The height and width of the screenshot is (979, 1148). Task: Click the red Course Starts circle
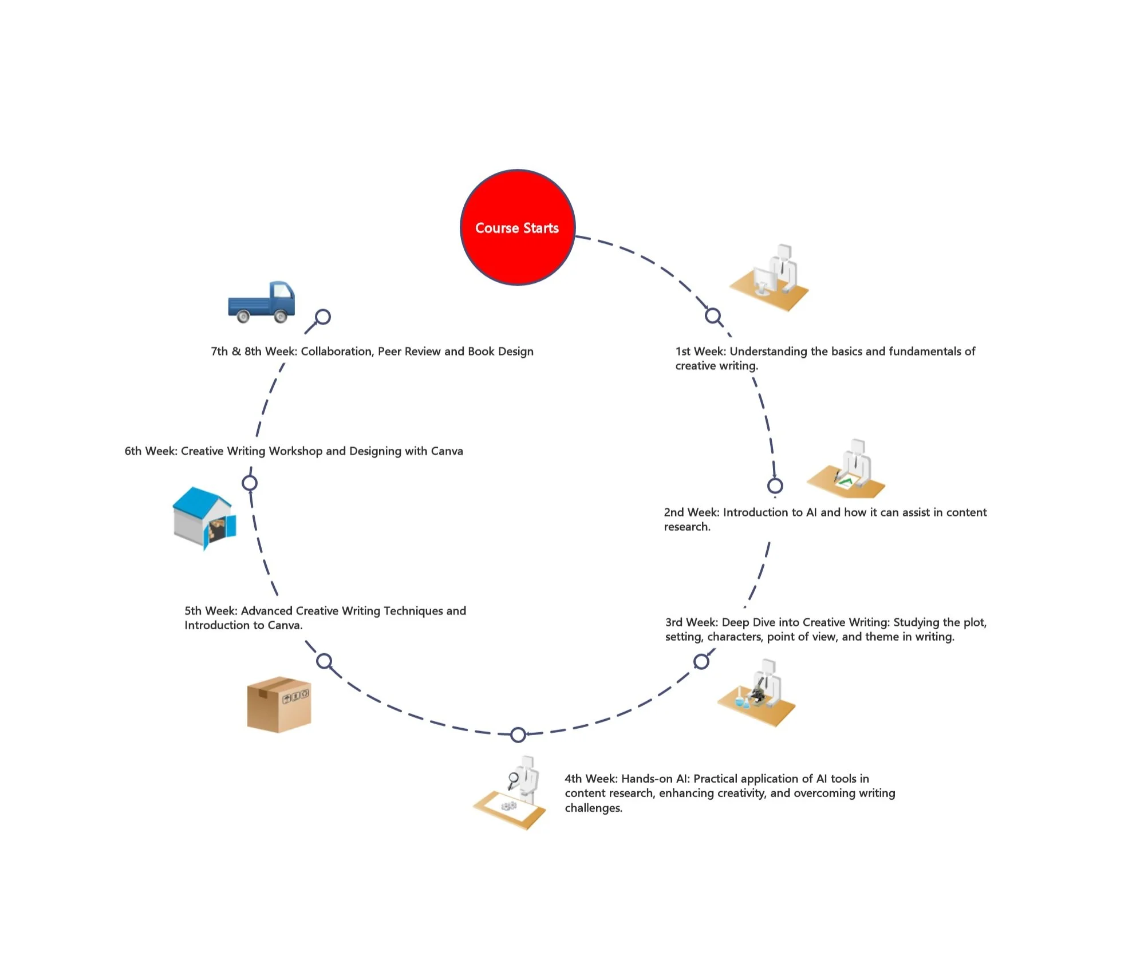coord(518,227)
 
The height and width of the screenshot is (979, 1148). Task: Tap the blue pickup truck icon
coord(262,302)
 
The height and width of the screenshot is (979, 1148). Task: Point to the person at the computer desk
coord(770,278)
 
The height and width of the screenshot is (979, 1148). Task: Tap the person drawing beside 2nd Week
coord(847,469)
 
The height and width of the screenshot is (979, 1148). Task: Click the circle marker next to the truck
coord(323,317)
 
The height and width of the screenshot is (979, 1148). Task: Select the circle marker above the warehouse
coord(250,483)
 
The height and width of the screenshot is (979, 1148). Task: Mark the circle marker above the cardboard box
coord(324,661)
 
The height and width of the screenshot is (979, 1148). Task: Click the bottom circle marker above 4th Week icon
coord(518,735)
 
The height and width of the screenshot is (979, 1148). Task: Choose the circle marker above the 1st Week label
coord(713,315)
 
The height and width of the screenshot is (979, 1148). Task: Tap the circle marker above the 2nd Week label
coord(775,486)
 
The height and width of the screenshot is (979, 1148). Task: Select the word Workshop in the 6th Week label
coord(295,451)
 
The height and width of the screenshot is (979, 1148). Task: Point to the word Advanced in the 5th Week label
coord(267,611)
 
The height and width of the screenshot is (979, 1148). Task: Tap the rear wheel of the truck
coord(243,315)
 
